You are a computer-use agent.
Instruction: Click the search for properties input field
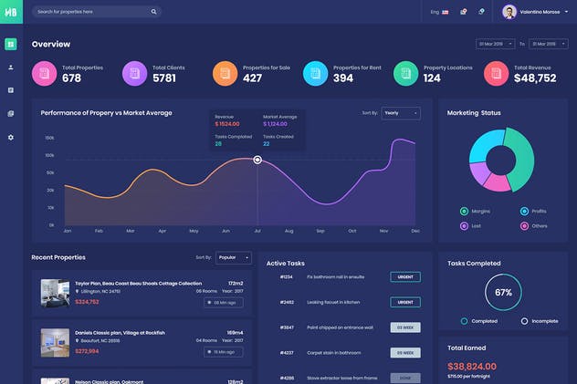pos(91,12)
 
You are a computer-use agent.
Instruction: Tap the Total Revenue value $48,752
pos(535,78)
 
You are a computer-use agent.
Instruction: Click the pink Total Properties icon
pos(44,73)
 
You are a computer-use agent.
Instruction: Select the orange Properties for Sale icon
pos(225,73)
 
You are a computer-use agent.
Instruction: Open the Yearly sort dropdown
pos(401,113)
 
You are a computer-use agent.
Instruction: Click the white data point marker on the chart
pos(257,160)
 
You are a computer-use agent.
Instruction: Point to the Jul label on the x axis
pos(257,231)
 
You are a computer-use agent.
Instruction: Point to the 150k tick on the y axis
pos(49,138)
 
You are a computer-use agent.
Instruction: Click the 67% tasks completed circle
pos(502,293)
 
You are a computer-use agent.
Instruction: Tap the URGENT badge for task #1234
pos(404,276)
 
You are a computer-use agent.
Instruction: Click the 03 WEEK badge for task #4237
pos(404,352)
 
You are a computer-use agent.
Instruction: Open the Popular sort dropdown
pos(233,257)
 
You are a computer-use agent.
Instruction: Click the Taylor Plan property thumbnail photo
pos(55,293)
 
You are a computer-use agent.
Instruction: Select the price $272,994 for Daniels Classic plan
pos(87,350)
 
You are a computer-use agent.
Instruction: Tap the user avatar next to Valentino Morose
pos(509,12)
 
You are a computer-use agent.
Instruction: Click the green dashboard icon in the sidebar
pos(11,44)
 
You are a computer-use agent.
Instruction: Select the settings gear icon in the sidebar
pos(11,137)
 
